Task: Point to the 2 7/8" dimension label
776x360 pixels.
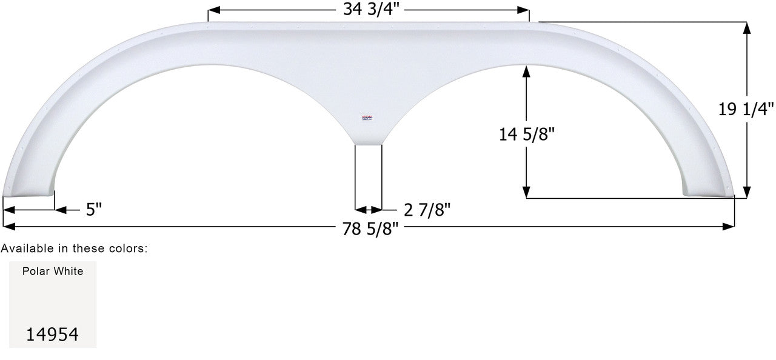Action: point(427,210)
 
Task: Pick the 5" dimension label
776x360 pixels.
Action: point(93,210)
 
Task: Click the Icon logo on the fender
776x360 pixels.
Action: point(367,119)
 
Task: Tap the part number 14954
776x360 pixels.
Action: point(52,334)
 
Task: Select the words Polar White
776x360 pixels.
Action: point(53,272)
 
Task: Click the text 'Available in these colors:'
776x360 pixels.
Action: point(74,248)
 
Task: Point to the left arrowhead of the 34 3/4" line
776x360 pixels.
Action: point(212,10)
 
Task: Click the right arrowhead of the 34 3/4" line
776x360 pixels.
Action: point(525,10)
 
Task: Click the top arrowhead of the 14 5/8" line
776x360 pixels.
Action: point(526,70)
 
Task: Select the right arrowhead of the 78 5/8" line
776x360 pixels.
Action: point(730,227)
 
